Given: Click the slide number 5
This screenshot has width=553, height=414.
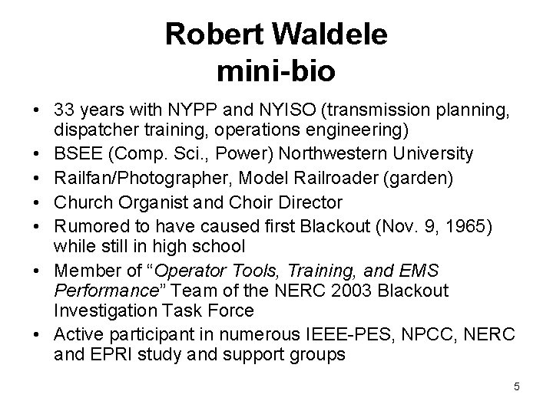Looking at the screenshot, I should pyautogui.click(x=517, y=386).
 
